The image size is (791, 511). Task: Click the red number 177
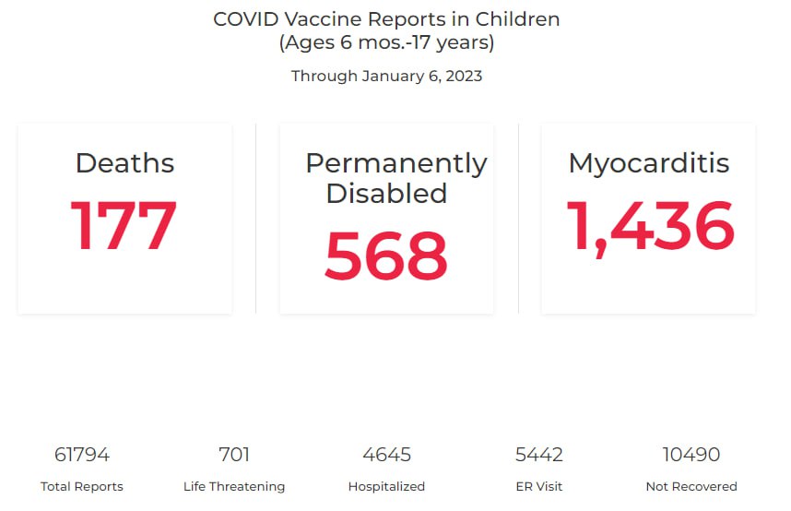pos(124,226)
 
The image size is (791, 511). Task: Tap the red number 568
pos(386,256)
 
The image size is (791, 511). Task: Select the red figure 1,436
pos(649,226)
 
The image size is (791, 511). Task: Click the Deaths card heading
pos(124,163)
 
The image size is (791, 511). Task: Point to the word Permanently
pos(396,163)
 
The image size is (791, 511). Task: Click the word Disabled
pos(386,193)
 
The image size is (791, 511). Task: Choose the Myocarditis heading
pos(649,163)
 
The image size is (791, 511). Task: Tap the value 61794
pos(82,455)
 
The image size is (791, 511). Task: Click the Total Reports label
pos(82,486)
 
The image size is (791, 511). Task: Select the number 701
pos(234,455)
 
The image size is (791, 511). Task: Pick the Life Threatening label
pos(234,486)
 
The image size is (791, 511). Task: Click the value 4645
pos(386,455)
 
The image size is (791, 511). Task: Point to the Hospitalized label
pos(386,486)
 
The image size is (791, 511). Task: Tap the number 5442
pos(538,455)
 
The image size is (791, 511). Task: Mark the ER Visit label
pos(538,486)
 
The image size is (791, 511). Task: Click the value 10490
pos(691,455)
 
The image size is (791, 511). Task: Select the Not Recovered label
pos(691,486)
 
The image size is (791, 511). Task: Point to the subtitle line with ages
pos(386,42)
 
